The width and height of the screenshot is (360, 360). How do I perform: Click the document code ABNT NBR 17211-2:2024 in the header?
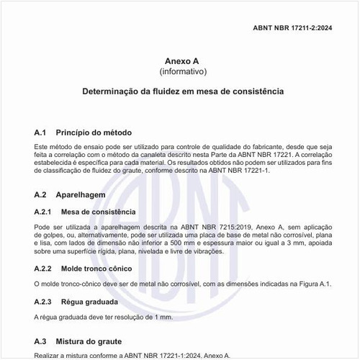pos(302,27)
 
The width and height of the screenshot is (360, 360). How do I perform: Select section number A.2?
pos(40,195)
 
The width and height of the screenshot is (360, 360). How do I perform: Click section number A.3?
pos(40,341)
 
